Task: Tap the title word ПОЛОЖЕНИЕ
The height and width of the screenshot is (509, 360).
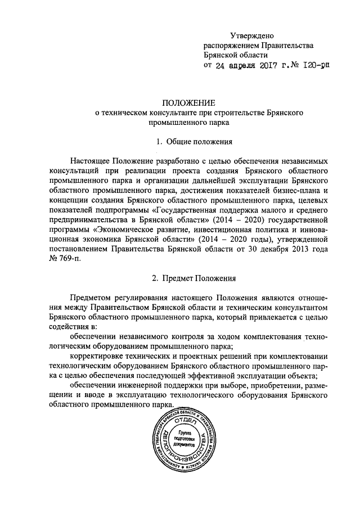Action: (189, 102)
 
